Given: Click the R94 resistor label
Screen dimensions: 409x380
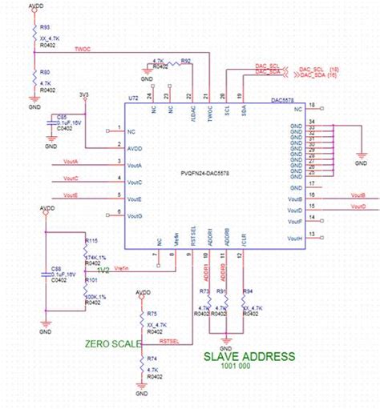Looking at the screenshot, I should [x=248, y=291].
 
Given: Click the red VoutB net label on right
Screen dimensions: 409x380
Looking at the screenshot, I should [x=358, y=195].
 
